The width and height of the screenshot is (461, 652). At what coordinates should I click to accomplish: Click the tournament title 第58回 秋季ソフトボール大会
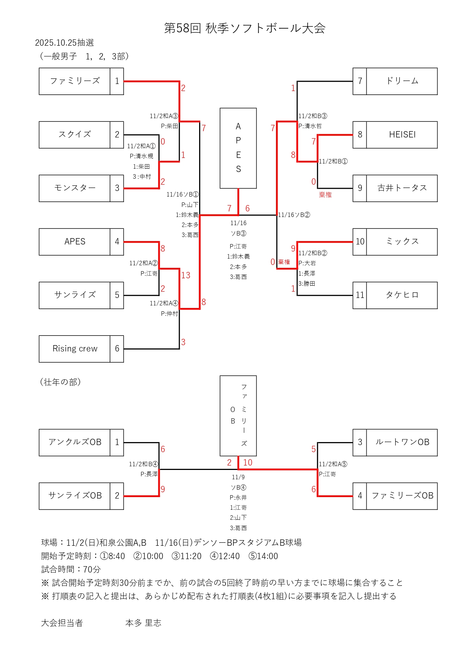point(245,28)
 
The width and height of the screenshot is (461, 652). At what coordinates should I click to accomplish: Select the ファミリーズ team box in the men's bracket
point(75,81)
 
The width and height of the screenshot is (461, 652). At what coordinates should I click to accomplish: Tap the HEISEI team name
point(402,134)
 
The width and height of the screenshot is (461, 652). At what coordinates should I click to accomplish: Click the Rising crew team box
point(75,348)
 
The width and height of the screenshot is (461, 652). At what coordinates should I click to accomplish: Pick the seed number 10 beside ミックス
point(360,241)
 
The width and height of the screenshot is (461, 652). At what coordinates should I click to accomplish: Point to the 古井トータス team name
point(402,188)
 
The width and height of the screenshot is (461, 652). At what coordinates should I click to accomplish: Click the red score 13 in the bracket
point(186,275)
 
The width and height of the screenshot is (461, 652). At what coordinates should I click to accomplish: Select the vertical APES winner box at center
point(238,148)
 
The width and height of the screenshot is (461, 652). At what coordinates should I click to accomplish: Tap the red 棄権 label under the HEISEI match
point(325,195)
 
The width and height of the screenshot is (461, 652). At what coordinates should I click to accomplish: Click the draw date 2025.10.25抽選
point(64,43)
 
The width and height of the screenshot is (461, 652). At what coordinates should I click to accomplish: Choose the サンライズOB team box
point(75,496)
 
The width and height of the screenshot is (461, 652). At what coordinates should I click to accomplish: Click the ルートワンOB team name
point(402,442)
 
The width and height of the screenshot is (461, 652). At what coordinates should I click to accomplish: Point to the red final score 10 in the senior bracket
point(248,463)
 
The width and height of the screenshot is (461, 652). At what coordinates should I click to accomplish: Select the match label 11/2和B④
point(143,464)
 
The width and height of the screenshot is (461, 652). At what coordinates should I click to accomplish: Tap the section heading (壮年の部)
point(60,382)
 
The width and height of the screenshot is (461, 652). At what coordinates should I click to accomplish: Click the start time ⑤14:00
point(263,556)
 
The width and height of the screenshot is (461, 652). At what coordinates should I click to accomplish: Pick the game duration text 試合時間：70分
point(71,569)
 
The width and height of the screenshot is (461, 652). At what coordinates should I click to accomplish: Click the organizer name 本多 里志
point(143,623)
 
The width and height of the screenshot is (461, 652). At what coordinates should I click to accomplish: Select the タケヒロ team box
point(402,295)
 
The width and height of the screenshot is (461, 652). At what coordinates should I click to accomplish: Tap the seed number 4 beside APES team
point(117,241)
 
